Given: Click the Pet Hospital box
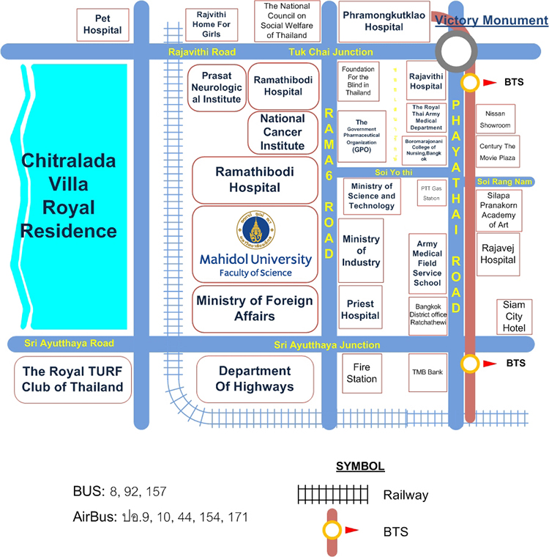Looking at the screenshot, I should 102,24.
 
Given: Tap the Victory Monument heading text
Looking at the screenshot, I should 482,21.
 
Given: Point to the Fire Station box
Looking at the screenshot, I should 361,373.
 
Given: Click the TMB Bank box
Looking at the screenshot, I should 427,372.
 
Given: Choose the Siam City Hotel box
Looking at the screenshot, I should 514,317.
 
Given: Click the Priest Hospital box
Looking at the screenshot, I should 361,309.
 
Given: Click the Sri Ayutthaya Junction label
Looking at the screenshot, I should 327,344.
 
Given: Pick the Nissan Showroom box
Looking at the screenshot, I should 496,119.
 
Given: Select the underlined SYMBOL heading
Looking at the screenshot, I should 359,466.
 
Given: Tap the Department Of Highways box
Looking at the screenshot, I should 255,379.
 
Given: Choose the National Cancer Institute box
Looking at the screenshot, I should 282,132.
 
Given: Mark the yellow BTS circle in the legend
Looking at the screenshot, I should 332,529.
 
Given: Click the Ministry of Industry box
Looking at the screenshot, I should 361,251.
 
